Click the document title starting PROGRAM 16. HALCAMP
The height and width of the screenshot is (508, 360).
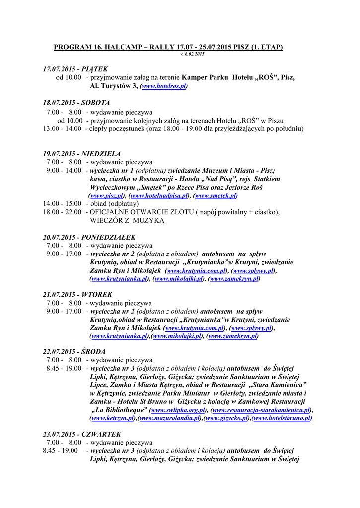[168, 47]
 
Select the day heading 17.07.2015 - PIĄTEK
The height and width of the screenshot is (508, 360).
[75, 69]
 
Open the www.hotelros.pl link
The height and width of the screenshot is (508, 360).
[163, 86]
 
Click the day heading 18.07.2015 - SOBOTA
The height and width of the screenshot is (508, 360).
[76, 103]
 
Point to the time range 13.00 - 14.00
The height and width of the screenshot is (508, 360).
[62, 128]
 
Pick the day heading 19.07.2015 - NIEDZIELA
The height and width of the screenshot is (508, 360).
[81, 154]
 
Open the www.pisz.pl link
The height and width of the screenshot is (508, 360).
[107, 196]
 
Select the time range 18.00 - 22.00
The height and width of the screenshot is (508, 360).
[62, 212]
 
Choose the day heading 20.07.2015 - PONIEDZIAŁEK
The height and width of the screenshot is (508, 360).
[89, 237]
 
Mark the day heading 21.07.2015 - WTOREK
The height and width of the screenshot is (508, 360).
[77, 295]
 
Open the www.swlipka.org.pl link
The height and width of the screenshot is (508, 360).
[178, 410]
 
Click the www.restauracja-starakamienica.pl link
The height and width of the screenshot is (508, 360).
[261, 410]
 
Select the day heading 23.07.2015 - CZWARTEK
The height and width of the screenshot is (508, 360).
[81, 434]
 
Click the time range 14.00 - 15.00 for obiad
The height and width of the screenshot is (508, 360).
[62, 204]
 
